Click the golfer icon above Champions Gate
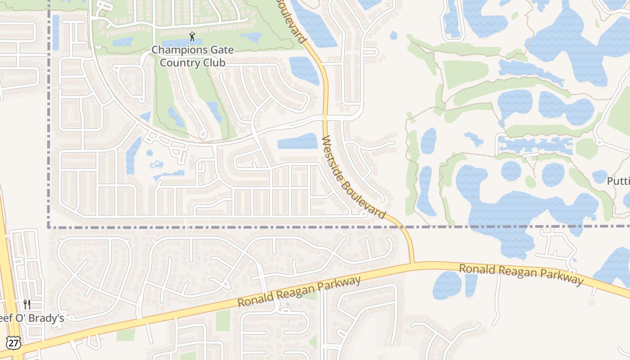[x=193, y=36]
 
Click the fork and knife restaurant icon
[x=27, y=305]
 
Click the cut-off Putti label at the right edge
[x=618, y=181]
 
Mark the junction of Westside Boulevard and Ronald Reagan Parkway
[x=412, y=263]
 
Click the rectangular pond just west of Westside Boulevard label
[x=297, y=141]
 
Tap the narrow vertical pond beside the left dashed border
[x=56, y=32]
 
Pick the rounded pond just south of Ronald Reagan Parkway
[x=447, y=285]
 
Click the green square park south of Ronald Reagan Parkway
[x=223, y=320]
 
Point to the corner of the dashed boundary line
[x=49, y=227]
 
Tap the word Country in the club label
[x=180, y=63]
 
